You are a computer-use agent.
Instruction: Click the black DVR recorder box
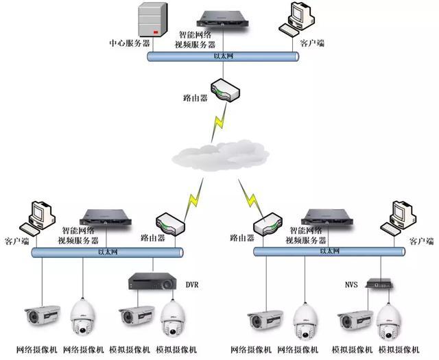point(152,280)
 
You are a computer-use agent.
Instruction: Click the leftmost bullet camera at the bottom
point(42,317)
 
